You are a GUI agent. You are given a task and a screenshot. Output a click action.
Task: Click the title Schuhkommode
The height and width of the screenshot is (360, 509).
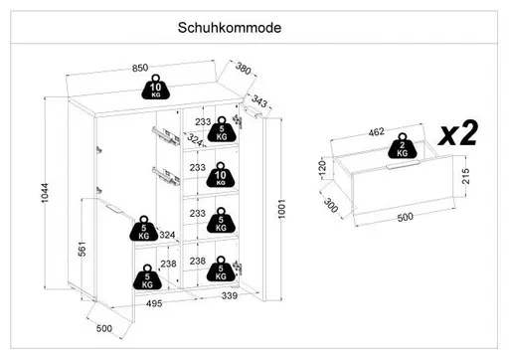[230, 28]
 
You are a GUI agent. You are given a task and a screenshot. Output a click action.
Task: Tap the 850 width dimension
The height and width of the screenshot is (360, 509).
[140, 68]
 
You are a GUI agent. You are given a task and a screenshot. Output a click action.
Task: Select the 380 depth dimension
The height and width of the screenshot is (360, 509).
[244, 69]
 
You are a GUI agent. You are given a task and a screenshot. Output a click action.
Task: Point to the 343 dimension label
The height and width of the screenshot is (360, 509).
[258, 100]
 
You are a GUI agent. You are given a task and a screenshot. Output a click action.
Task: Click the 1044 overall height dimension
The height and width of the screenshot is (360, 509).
[45, 193]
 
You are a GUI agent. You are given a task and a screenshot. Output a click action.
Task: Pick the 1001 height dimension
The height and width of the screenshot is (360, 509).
[281, 209]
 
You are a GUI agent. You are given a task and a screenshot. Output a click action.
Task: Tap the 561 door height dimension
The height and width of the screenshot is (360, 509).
[82, 249]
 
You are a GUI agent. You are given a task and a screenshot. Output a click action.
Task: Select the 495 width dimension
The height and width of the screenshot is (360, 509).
[154, 303]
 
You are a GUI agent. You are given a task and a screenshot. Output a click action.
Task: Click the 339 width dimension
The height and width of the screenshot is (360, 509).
[230, 295]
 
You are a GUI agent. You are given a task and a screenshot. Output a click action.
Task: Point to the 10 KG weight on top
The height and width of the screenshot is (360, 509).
[155, 87]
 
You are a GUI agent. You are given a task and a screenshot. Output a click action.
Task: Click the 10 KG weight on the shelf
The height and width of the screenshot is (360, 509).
[221, 175]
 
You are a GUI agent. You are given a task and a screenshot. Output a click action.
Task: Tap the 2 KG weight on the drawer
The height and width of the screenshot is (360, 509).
[402, 146]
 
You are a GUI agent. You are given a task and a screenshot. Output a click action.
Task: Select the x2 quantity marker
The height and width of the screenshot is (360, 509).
[458, 133]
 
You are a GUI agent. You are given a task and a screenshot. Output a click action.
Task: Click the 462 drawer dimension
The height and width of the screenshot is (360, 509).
[377, 132]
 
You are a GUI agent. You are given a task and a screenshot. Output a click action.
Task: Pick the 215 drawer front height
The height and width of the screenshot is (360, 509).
[465, 176]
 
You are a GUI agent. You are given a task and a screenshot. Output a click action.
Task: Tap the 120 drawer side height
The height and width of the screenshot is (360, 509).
[322, 169]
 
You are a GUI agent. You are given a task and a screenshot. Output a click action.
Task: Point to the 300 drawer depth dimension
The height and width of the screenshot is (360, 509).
[330, 205]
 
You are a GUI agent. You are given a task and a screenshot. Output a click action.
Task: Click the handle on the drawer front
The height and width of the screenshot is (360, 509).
[403, 165]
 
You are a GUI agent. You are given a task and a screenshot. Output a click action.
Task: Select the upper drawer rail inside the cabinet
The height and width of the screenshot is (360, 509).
[166, 135]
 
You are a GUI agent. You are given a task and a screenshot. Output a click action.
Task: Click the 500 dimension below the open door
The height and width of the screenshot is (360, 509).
[104, 328]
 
